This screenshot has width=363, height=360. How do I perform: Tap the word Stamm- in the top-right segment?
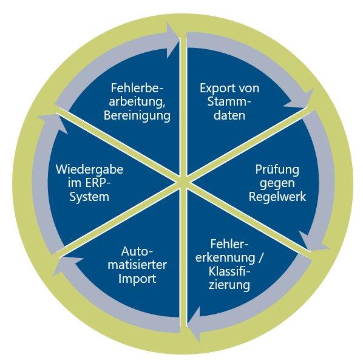point(229,101)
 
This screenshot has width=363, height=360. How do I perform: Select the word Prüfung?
point(277,170)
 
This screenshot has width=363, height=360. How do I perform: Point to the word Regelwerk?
point(277,197)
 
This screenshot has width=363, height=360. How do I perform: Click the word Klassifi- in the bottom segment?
point(229,271)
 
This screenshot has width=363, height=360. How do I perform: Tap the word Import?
point(137,279)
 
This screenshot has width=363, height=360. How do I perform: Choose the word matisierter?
point(137,265)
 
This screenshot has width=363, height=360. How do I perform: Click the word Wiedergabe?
point(89,170)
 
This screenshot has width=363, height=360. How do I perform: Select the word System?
point(89,197)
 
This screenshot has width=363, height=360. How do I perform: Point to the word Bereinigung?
point(137,115)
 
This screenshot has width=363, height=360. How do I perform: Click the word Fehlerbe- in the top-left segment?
point(137,88)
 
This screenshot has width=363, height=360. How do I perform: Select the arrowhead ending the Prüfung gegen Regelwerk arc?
point(313,242)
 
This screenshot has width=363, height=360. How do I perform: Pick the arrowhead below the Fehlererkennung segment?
point(194,324)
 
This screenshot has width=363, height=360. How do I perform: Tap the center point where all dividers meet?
point(183,182)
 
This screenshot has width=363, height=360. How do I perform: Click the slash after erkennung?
point(260,258)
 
